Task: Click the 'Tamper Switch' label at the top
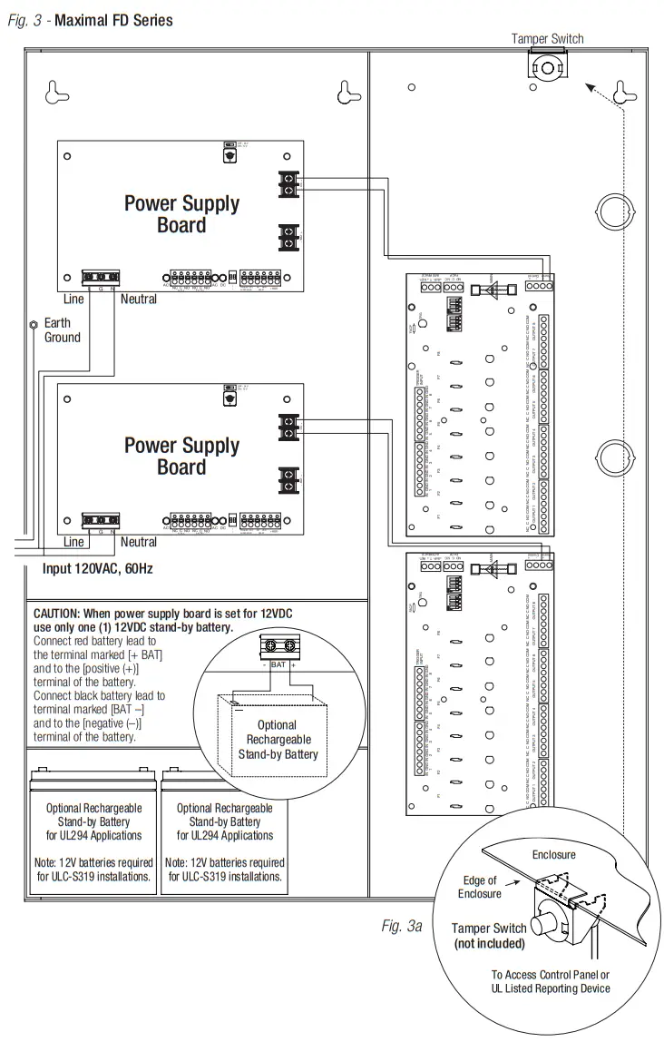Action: (x=547, y=38)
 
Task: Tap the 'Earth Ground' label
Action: (x=63, y=329)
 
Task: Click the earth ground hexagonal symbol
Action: (x=33, y=323)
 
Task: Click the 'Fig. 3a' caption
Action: (x=402, y=926)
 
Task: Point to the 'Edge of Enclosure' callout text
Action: (x=479, y=887)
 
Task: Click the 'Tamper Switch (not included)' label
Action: (x=489, y=936)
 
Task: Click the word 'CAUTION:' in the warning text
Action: (x=62, y=614)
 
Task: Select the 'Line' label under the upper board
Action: (x=73, y=299)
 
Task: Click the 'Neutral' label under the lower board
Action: (x=138, y=542)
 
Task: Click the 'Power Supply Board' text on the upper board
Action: (x=181, y=214)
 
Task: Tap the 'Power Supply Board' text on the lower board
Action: (x=181, y=456)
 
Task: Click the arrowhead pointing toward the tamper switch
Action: (x=590, y=87)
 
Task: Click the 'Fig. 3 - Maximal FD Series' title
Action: (x=90, y=20)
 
